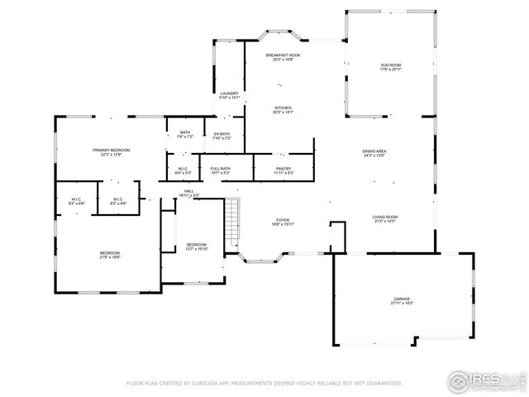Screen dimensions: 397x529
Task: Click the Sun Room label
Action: click(390, 67)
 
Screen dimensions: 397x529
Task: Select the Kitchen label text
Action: click(283, 109)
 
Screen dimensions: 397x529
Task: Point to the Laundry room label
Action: click(229, 95)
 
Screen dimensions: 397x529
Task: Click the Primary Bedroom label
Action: click(111, 151)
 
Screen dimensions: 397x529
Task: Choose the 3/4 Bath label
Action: click(222, 136)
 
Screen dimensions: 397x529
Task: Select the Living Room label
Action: click(384, 219)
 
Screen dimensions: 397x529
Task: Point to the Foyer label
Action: click(283, 222)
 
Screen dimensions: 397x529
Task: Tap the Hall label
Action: click(189, 193)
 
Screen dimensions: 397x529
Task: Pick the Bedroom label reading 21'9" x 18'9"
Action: click(110, 255)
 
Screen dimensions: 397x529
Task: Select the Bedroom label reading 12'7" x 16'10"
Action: click(197, 246)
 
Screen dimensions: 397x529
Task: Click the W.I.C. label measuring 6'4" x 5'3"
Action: click(183, 170)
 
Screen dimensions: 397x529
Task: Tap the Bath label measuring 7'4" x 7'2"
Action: click(185, 135)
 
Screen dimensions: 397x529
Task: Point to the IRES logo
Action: click(484, 380)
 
